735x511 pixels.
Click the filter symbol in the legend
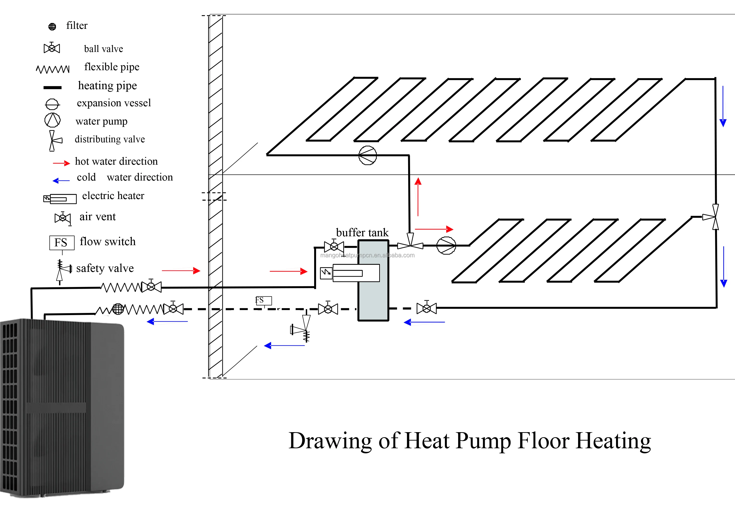click(x=52, y=27)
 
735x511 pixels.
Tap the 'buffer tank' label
click(x=362, y=232)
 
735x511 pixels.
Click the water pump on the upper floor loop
click(x=367, y=155)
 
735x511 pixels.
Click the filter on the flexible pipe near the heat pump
click(x=118, y=309)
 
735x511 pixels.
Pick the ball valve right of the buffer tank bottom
click(x=426, y=308)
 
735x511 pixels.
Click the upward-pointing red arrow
click(x=418, y=196)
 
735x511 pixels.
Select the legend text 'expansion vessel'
click(x=114, y=103)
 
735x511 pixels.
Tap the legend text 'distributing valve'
click(x=110, y=139)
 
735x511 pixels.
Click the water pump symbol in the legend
click(x=52, y=120)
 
